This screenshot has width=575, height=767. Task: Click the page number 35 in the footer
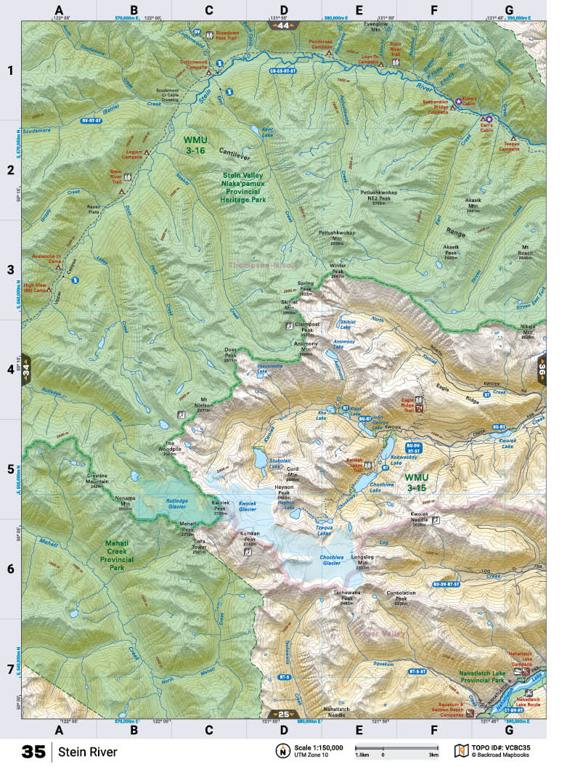pyautogui.click(x=33, y=752)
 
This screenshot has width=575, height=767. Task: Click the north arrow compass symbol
pyautogui.click(x=281, y=750)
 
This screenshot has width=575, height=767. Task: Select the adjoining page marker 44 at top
pyautogui.click(x=282, y=25)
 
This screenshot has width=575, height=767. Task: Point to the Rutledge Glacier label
pyautogui.click(x=166, y=503)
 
